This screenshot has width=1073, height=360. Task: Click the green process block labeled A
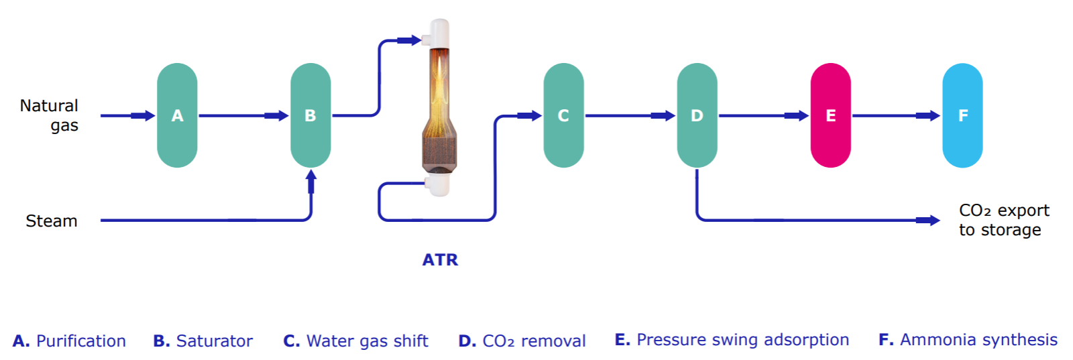click(177, 115)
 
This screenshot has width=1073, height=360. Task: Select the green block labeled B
click(310, 115)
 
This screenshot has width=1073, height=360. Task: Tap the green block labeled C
click(563, 115)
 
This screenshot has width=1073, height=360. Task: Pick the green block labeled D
click(697, 115)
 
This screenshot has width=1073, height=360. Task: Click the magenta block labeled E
click(830, 115)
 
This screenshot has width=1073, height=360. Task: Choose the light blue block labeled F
click(962, 115)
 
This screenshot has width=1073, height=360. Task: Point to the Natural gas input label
click(50, 115)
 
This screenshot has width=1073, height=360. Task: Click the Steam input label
click(52, 221)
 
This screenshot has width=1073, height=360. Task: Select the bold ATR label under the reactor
click(440, 260)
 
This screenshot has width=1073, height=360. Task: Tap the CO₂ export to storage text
click(1003, 220)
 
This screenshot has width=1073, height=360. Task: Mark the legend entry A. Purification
click(69, 341)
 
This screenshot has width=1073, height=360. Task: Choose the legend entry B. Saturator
click(203, 341)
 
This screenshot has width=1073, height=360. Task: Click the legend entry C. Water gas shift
click(355, 341)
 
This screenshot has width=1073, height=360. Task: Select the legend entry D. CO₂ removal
click(522, 341)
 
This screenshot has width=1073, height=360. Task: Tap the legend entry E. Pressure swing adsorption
click(732, 340)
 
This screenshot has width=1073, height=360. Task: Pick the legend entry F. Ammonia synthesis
click(968, 340)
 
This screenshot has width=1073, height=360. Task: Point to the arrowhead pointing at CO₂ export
click(929, 220)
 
